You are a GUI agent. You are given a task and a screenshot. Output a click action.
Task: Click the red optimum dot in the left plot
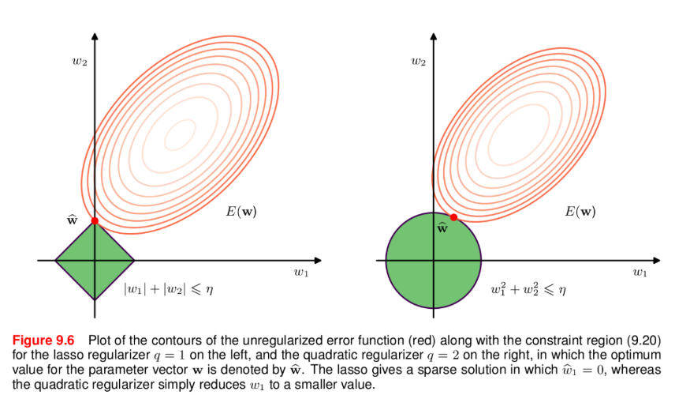coord(95,220)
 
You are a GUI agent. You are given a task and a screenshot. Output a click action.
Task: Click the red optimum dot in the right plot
coord(454,216)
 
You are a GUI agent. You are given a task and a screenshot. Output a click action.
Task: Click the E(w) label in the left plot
coord(241,212)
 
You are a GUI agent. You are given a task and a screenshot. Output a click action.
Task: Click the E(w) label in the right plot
coord(580,212)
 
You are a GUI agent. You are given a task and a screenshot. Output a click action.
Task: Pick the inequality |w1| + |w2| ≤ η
coord(169,289)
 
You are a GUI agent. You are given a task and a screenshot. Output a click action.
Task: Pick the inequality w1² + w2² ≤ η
coord(528,289)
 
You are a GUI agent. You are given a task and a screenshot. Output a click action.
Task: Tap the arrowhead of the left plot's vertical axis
coord(95,36)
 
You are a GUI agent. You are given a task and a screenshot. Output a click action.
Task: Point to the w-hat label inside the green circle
coord(442,228)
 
